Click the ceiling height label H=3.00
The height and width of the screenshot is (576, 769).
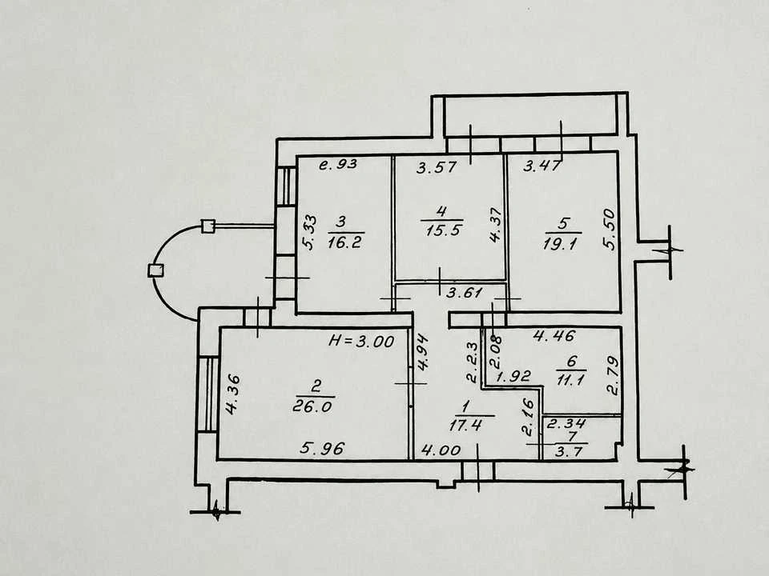point(361,341)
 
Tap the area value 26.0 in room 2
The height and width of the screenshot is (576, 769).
point(312,406)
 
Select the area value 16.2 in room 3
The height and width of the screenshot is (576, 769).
point(344,242)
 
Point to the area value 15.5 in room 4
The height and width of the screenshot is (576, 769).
point(443,230)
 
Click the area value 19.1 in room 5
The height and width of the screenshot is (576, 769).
point(560,242)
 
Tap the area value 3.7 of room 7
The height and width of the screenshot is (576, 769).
point(569,451)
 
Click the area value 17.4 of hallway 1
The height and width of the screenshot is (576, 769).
point(465,425)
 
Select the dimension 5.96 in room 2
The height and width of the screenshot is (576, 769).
point(322,448)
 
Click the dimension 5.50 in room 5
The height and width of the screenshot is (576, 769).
point(610,230)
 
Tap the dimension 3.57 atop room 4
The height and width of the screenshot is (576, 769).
point(436,167)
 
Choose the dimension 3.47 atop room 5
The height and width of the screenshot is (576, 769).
point(542,166)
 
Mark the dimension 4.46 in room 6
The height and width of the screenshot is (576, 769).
point(554,336)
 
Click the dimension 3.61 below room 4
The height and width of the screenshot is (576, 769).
point(465,293)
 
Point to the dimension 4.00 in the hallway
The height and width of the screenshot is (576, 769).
point(441,450)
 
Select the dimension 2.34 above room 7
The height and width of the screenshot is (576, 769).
point(566,424)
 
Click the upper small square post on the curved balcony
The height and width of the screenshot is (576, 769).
point(208,226)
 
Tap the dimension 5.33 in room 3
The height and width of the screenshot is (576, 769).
point(309,232)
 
